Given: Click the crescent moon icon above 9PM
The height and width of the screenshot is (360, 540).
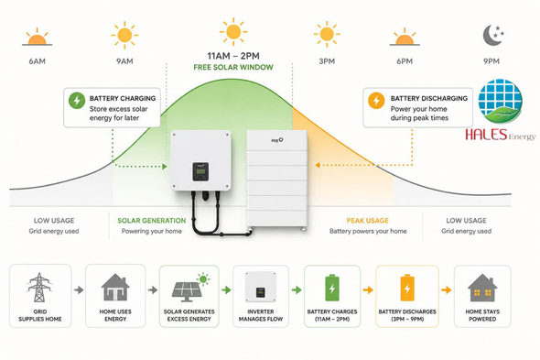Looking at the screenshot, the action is coord(491,36).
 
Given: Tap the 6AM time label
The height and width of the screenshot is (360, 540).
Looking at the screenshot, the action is coord(38,61).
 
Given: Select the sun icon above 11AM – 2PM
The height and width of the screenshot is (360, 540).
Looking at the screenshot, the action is coord(233,32).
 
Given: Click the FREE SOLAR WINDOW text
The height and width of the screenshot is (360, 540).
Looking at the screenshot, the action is coord(233,67).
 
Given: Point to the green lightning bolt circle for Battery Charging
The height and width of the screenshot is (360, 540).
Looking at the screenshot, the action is coord(77,101).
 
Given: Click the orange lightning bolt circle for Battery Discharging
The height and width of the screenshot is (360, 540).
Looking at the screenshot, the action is coord(376,101).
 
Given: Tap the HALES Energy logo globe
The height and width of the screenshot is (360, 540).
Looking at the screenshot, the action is coord(500,102).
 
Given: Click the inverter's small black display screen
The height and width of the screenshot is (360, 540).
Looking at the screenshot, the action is coord(200,171).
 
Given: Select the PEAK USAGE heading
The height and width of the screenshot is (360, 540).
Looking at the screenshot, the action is coord(367,221).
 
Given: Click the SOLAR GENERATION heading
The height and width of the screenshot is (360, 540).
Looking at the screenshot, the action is coord(152,221).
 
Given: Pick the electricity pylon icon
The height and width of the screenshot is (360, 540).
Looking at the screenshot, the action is coord(39,288).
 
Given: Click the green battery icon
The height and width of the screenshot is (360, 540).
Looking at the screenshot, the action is coord(332,288).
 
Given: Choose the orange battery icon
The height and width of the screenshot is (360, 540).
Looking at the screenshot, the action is coord(407,288).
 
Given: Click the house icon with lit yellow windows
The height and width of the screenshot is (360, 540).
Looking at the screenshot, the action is coord(482,288).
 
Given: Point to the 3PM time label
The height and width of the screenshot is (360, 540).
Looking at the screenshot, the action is coord(327,61).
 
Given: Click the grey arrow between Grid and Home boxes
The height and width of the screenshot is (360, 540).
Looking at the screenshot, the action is coord(79,289).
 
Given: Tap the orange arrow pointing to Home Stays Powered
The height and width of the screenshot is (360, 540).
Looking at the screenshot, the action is coord(447,289).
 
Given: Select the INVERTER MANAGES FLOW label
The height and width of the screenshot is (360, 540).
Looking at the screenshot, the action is coord(261,315).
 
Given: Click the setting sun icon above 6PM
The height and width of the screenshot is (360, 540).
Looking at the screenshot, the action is coord(405,38).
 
